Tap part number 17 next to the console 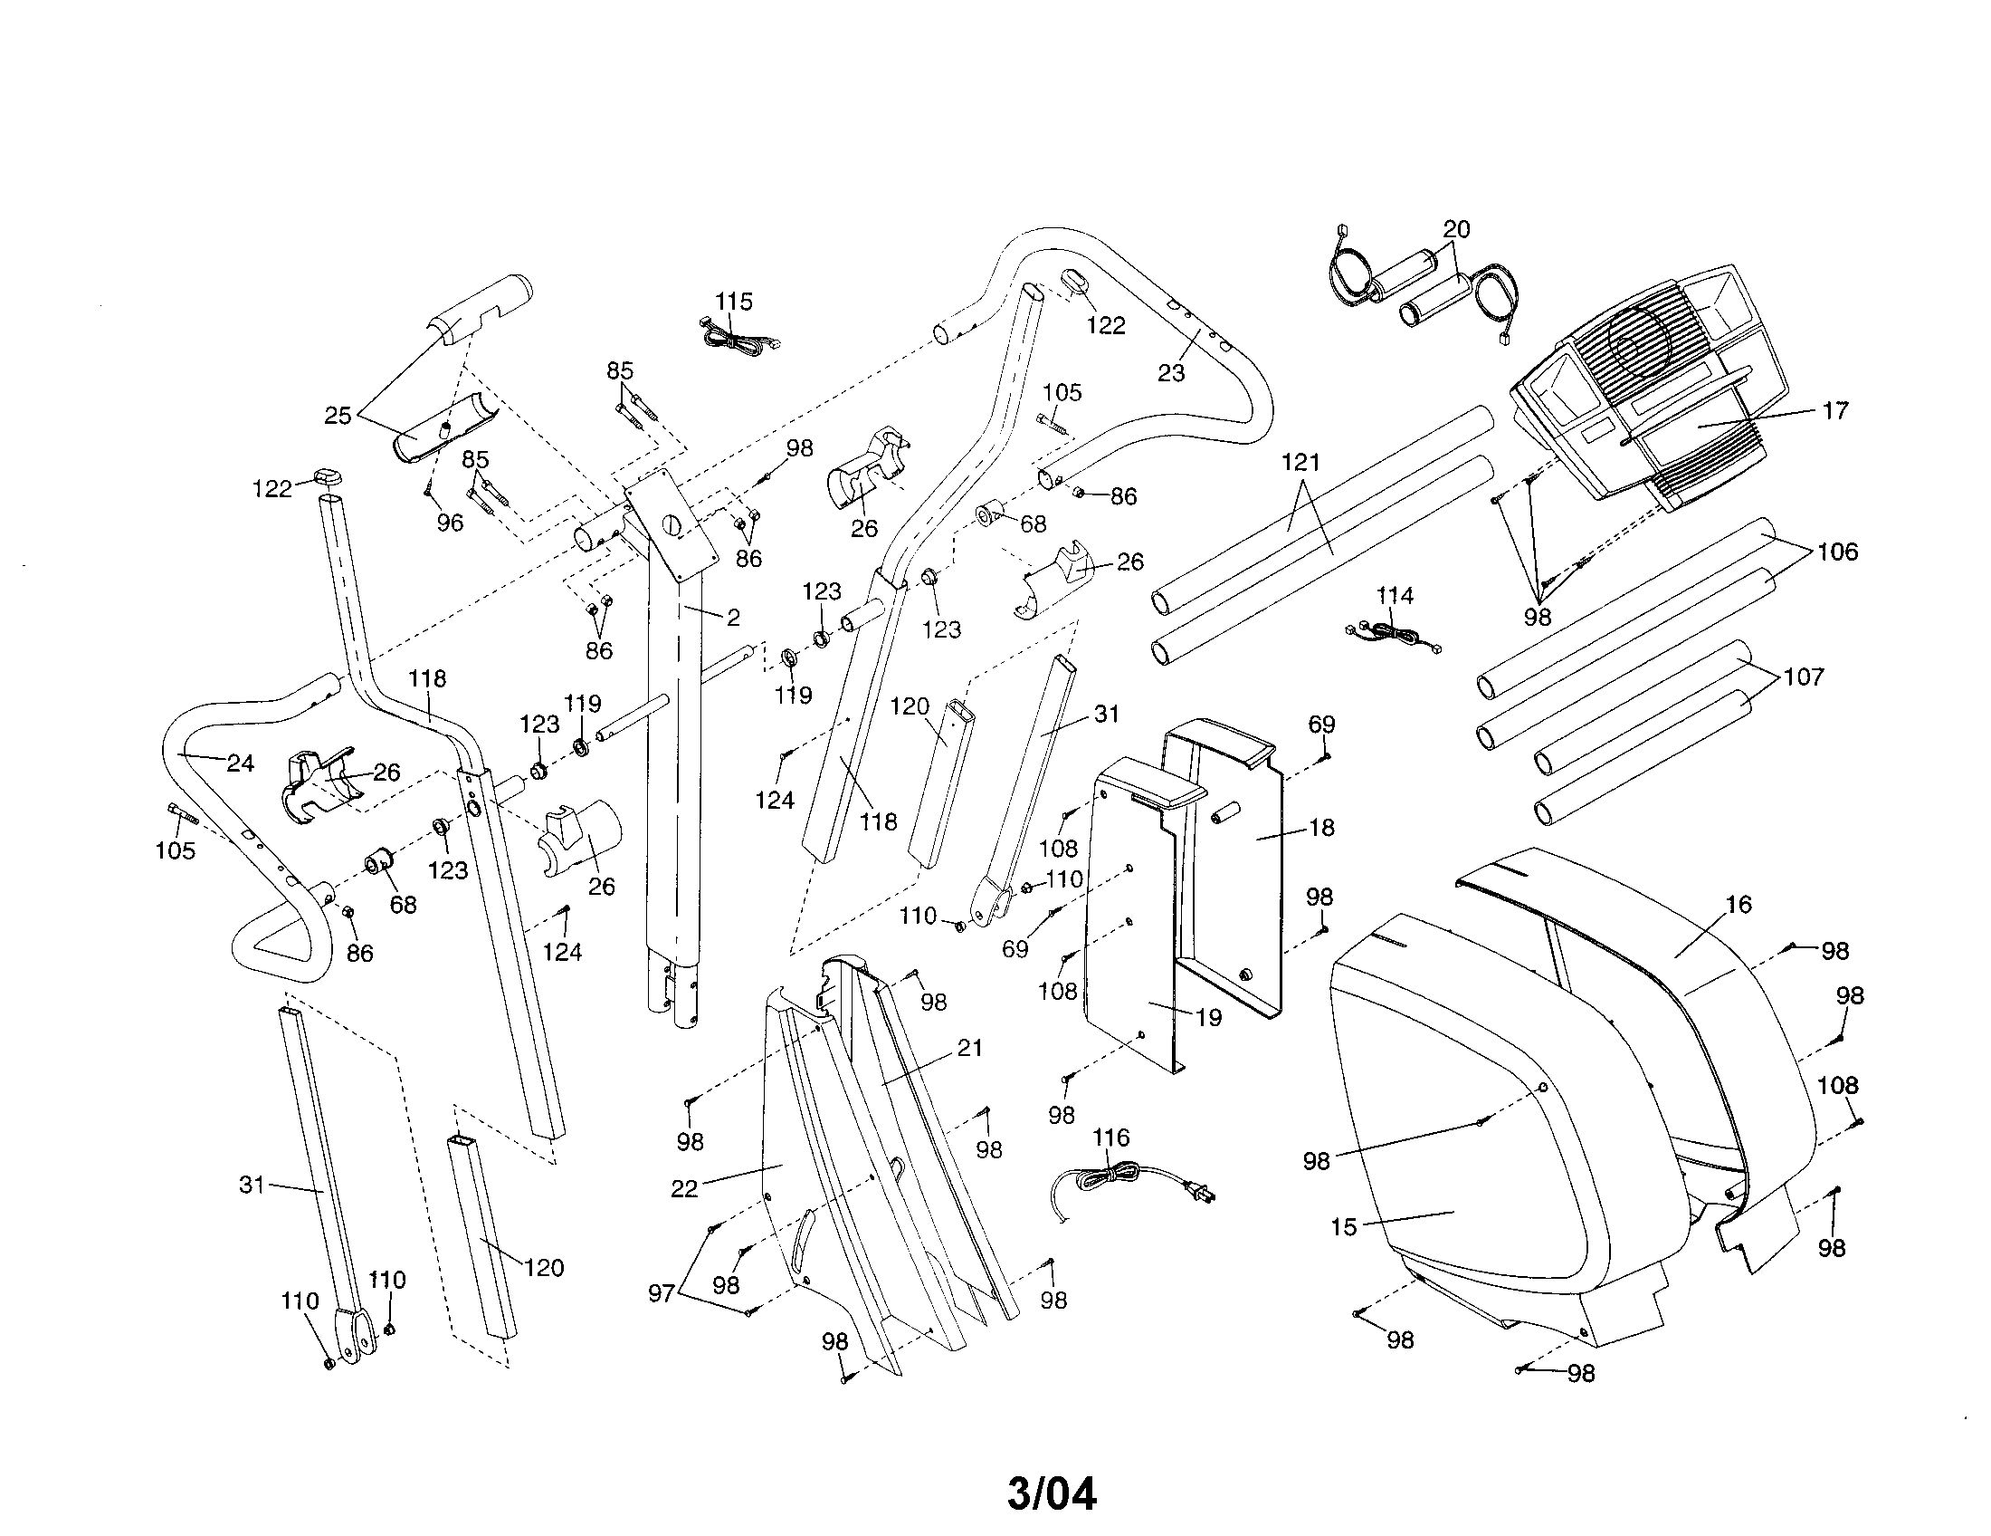click(1834, 410)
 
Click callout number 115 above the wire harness click(733, 302)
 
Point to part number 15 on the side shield click(1344, 1227)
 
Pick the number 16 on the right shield click(1739, 904)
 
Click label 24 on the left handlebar click(240, 763)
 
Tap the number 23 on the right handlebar click(1170, 372)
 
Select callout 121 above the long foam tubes click(1300, 463)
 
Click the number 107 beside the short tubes click(1803, 677)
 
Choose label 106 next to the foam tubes click(1837, 552)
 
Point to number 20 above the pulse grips click(1456, 230)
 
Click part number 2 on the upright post click(733, 618)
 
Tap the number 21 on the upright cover click(970, 1048)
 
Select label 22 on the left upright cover click(683, 1188)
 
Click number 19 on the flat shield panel click(1208, 1017)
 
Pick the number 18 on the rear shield click(1321, 827)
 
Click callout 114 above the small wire click(1394, 596)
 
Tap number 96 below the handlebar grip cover click(450, 523)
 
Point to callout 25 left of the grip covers click(338, 416)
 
